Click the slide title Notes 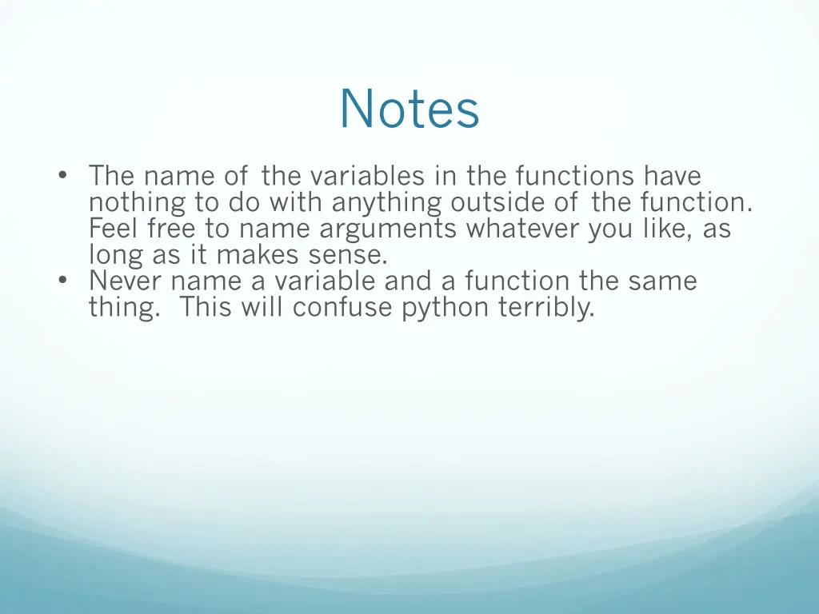tap(409, 109)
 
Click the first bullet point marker tap(63, 176)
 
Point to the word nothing tap(137, 202)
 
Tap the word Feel tap(115, 229)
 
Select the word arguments tap(388, 229)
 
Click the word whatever tap(523, 229)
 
